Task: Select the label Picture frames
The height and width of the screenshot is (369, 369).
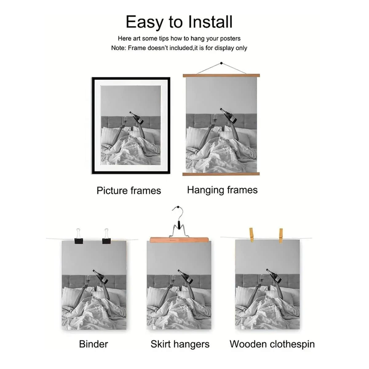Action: click(x=129, y=191)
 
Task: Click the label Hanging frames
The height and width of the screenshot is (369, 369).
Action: click(x=222, y=190)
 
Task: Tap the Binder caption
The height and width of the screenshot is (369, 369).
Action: click(x=93, y=344)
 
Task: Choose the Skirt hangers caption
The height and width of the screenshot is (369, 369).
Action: click(x=180, y=344)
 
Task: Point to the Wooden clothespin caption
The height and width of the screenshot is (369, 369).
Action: click(x=272, y=344)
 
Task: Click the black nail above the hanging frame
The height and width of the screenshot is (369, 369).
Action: click(x=221, y=63)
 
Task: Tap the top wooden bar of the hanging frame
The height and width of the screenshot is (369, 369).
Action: click(x=221, y=75)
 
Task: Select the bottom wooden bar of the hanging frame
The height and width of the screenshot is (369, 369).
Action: click(x=221, y=174)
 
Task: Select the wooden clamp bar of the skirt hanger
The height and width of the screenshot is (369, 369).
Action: click(x=179, y=240)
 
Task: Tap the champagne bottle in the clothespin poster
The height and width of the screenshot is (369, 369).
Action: click(x=274, y=276)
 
